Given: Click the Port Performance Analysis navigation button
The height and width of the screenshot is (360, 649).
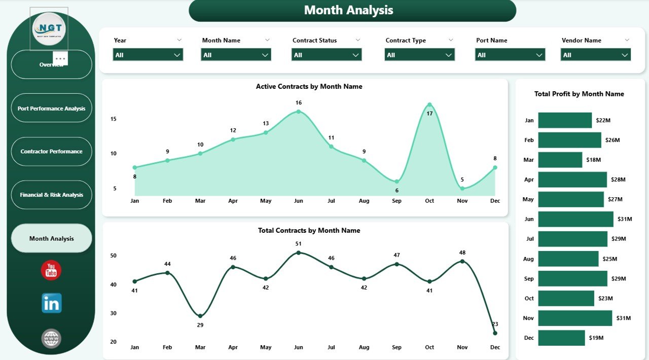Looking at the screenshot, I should (x=51, y=108).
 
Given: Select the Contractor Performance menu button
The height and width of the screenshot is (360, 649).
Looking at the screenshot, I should (x=51, y=151).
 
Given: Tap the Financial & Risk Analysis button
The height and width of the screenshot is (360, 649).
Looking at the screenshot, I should (x=51, y=195).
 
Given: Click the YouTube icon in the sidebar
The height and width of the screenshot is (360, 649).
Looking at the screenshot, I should (x=51, y=270).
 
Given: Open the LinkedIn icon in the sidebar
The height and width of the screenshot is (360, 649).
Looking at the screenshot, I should (x=51, y=303).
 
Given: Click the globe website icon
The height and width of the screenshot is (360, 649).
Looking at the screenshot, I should (x=51, y=338).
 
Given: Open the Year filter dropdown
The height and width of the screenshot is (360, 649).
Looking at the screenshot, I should (x=148, y=55).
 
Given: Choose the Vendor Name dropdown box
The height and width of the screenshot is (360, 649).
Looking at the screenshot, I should (x=596, y=55).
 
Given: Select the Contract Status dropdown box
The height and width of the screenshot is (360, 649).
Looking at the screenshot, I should (x=327, y=55).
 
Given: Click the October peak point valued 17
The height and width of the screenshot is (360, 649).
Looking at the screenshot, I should (x=429, y=105).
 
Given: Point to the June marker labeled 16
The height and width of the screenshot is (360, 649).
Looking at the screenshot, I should (x=299, y=112).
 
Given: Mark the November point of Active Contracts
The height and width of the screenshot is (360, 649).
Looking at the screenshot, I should (x=462, y=189).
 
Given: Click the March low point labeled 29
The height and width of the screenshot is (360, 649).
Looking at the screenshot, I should (x=200, y=316).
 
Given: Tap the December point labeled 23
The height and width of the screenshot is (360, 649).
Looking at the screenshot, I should (x=495, y=333).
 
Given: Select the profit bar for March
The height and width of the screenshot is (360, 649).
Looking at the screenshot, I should (x=560, y=160).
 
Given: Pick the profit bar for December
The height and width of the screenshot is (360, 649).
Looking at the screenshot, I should (x=561, y=338).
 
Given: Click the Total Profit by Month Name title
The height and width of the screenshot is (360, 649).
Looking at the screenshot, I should (x=579, y=94).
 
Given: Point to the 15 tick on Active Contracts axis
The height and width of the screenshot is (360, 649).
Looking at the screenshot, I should (x=114, y=119).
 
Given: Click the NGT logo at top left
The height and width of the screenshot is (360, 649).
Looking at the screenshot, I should (x=49, y=29).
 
